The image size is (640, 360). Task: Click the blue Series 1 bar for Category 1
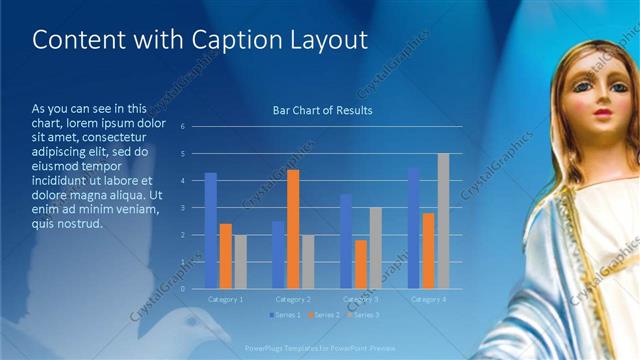[x=211, y=231]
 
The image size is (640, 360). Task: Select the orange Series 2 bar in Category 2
[x=293, y=229]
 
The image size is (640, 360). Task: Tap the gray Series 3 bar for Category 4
[x=443, y=221]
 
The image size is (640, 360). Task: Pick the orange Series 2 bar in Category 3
[x=360, y=264]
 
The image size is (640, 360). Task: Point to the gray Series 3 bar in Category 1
[x=240, y=262]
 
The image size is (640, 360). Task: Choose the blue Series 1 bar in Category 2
[x=278, y=255]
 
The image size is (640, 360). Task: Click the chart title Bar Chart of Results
[x=323, y=110]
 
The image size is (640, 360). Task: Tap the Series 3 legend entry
[x=364, y=315]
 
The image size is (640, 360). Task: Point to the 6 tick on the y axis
[x=183, y=127]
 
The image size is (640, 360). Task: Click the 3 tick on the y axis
[x=183, y=208]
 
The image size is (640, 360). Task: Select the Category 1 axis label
[x=225, y=299]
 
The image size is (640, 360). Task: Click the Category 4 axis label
[x=428, y=299]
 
